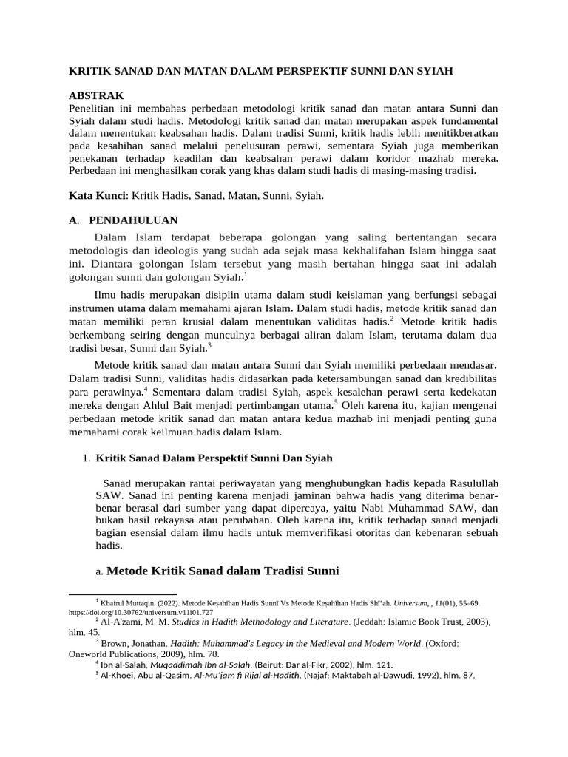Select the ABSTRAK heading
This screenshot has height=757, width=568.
(x=96, y=96)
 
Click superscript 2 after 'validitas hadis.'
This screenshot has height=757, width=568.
(x=392, y=318)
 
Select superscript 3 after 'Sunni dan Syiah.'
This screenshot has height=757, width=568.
(x=210, y=344)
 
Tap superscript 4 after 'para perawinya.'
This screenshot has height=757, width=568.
(x=146, y=387)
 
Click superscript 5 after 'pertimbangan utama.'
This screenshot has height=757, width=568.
(x=335, y=401)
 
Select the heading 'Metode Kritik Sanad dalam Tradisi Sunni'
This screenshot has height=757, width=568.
(x=223, y=571)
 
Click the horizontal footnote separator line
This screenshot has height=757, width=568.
(x=122, y=594)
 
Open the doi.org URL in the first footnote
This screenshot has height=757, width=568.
(x=141, y=612)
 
